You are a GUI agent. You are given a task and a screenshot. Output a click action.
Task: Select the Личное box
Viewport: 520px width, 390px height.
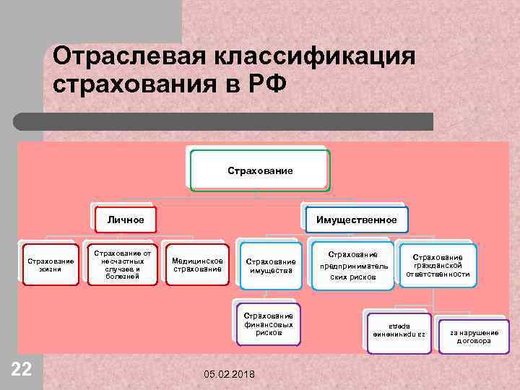[x=126, y=220]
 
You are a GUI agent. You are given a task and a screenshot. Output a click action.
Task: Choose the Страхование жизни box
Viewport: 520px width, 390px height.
[x=50, y=264]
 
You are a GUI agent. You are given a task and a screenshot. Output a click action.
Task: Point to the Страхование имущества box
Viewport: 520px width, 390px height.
[x=271, y=266]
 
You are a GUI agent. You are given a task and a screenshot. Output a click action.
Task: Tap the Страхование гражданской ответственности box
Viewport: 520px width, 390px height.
[x=438, y=265]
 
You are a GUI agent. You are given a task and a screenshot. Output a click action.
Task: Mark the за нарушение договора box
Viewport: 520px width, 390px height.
[x=474, y=337]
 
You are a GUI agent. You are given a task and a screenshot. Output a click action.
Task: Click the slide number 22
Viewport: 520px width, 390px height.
[x=22, y=370]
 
